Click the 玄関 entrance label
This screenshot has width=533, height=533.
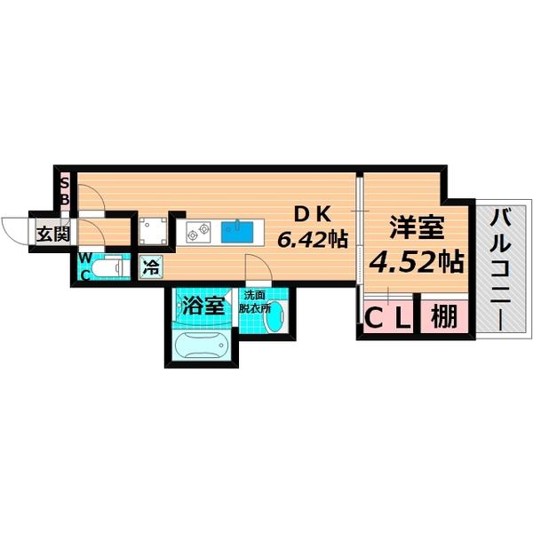52,235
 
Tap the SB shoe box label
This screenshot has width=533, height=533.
65,192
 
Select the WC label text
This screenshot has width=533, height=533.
85,265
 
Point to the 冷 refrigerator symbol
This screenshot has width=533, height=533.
152,266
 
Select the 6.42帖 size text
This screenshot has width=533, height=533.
311,239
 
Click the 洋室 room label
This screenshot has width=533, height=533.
415,227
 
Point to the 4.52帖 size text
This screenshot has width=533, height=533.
415,262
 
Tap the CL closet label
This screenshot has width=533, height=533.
388,317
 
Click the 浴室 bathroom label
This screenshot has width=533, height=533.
203,306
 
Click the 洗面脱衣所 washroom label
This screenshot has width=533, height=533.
259,299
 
